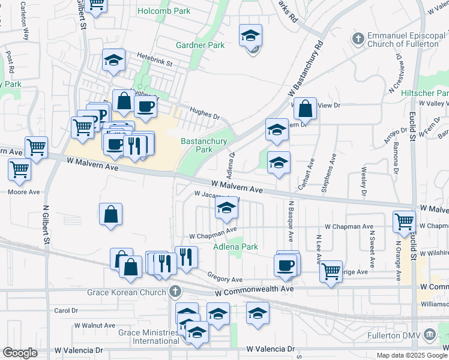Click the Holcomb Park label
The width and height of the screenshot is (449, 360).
click(163, 11)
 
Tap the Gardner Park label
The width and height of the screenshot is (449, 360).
click(200, 45)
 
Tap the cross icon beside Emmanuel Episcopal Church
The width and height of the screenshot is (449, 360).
click(358, 38)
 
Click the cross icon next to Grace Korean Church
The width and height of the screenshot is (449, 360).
click(175, 292)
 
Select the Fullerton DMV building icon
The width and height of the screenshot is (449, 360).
click(429, 334)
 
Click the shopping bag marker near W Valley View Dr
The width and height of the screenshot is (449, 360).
click(306, 109)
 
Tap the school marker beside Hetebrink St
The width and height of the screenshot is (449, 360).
click(113, 60)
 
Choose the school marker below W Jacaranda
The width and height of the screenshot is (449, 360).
click(226, 208)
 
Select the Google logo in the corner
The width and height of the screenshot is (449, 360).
click(20, 353)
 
